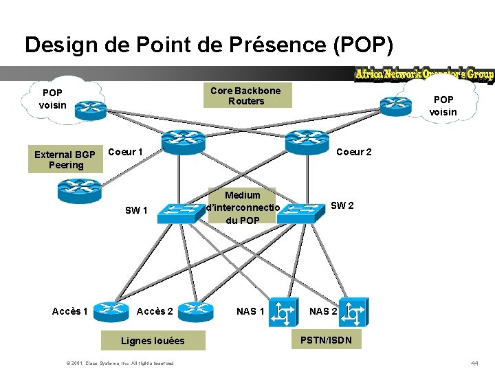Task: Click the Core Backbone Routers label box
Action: [245, 95]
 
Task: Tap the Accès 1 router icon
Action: [111, 312]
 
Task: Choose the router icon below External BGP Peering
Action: [80, 190]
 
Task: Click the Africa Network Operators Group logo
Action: [423, 74]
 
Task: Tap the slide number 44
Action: [474, 362]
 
